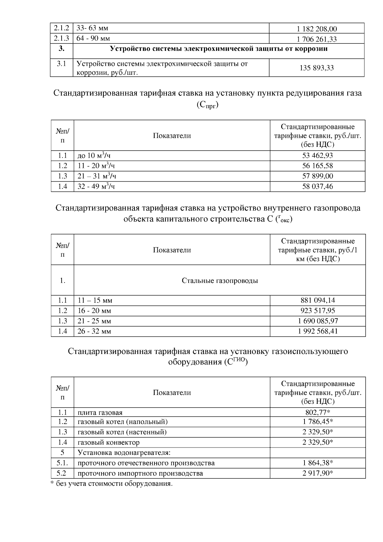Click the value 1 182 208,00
click(x=317, y=29)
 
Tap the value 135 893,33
click(x=317, y=68)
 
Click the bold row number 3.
click(x=62, y=49)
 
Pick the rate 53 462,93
click(x=318, y=155)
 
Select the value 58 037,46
click(x=318, y=186)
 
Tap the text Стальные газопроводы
click(x=220, y=281)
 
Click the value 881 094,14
click(x=318, y=300)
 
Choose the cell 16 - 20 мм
click(x=94, y=311)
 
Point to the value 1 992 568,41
click(x=318, y=331)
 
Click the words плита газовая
click(x=100, y=412)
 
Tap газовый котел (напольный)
click(x=123, y=422)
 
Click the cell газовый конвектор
click(x=109, y=442)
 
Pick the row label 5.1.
click(x=62, y=463)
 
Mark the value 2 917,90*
click(x=318, y=473)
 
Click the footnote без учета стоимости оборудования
click(x=112, y=484)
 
